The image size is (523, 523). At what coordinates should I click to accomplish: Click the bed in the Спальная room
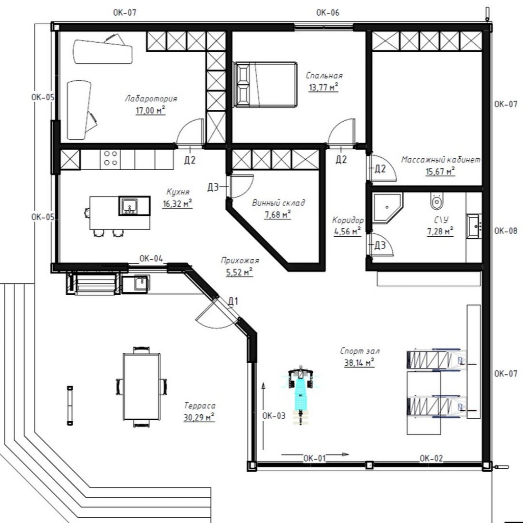pyautogui.click(x=265, y=84)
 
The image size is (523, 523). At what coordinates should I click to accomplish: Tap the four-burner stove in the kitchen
pyautogui.click(x=110, y=158)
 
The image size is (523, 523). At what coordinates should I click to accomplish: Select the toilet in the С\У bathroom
pyautogui.click(x=436, y=201)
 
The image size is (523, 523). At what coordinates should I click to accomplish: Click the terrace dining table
pyautogui.click(x=141, y=386)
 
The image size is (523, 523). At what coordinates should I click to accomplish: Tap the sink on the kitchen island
pyautogui.click(x=129, y=205)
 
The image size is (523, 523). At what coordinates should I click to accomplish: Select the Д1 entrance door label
pyautogui.click(x=233, y=301)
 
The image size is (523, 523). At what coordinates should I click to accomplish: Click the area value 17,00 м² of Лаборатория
pyautogui.click(x=150, y=110)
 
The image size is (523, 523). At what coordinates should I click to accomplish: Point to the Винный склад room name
pyautogui.click(x=278, y=203)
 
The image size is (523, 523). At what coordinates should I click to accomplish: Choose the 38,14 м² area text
pyautogui.click(x=359, y=362)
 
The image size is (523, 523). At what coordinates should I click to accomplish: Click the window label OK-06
pyautogui.click(x=328, y=13)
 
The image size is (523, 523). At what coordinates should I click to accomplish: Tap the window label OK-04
pyautogui.click(x=151, y=259)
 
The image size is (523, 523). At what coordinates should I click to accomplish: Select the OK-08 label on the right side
pyautogui.click(x=506, y=231)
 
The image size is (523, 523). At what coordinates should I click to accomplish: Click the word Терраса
pyautogui.click(x=200, y=406)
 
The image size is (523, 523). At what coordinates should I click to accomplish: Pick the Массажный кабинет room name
pyautogui.click(x=441, y=160)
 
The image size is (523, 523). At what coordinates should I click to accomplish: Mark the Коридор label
pyautogui.click(x=348, y=220)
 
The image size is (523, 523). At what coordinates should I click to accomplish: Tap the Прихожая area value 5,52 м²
pyautogui.click(x=239, y=272)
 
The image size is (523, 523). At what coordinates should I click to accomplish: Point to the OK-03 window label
pyautogui.click(x=274, y=416)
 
